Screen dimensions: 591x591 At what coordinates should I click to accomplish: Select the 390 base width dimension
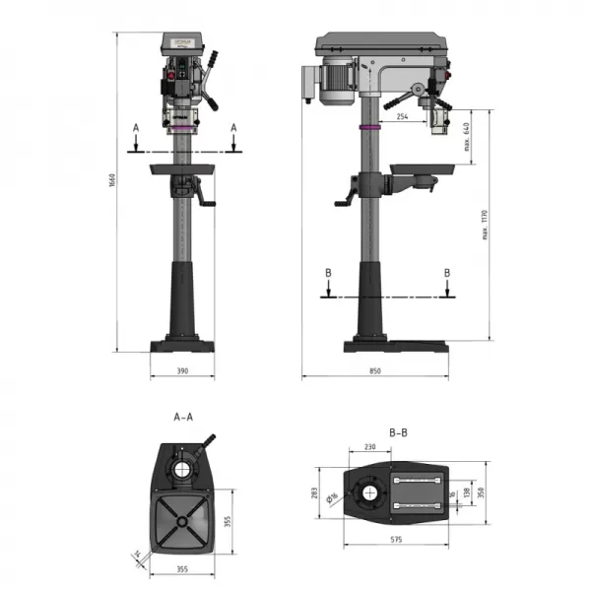(x=182, y=371)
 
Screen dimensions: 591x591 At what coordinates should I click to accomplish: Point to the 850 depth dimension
(x=375, y=371)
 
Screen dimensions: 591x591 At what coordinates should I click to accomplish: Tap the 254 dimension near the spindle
(x=402, y=115)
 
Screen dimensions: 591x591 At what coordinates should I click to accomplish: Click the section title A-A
(x=183, y=417)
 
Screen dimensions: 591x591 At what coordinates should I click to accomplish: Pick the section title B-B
(x=398, y=431)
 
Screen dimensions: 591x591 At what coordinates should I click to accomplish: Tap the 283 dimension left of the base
(x=316, y=492)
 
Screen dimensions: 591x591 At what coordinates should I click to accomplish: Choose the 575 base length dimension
(x=396, y=541)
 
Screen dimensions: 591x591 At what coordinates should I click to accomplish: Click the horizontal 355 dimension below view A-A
(x=182, y=568)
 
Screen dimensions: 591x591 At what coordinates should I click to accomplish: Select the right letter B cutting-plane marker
(x=447, y=272)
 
